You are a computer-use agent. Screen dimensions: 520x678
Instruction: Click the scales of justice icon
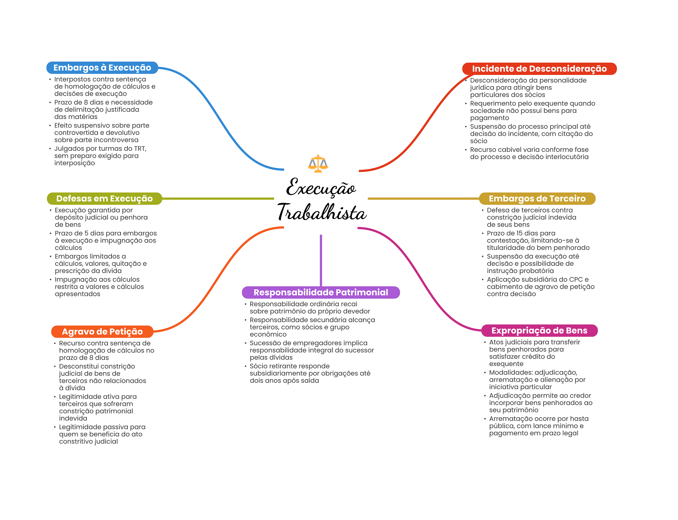318,163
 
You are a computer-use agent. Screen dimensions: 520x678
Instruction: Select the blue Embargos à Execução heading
102,68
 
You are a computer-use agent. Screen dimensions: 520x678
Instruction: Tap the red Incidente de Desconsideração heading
539,69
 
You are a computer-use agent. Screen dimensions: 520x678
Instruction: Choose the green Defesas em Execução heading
104,199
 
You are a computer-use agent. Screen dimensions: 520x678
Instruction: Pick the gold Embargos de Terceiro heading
537,199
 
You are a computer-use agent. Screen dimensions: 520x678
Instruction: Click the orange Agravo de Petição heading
102,331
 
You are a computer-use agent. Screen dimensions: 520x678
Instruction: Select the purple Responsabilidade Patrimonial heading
321,292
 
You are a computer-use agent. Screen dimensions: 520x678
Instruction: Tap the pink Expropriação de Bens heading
539,330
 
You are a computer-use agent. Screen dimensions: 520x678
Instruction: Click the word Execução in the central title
321,188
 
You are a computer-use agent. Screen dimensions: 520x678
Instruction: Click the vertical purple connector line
321,260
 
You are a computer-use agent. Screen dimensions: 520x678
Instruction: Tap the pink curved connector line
420,278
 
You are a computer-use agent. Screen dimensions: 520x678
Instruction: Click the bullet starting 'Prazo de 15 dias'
538,240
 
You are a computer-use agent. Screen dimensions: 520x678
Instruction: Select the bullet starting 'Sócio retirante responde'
310,373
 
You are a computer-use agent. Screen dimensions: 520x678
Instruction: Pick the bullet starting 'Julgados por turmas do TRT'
100,156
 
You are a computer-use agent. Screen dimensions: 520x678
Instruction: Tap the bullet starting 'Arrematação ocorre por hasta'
539,426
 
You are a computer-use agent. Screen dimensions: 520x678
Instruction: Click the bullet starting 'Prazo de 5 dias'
105,240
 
